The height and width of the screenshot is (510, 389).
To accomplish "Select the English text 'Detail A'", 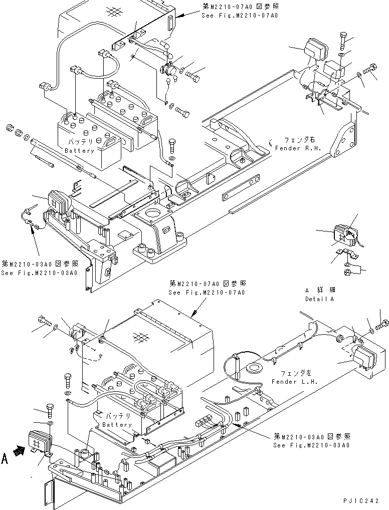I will pyautogui.click(x=319, y=299).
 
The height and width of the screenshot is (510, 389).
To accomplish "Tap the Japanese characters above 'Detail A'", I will pyautogui.click(x=320, y=291).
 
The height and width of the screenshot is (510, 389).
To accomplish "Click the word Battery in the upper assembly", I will pyautogui.click(x=79, y=150).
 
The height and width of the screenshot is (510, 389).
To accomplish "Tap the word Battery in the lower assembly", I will pyautogui.click(x=117, y=424).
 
